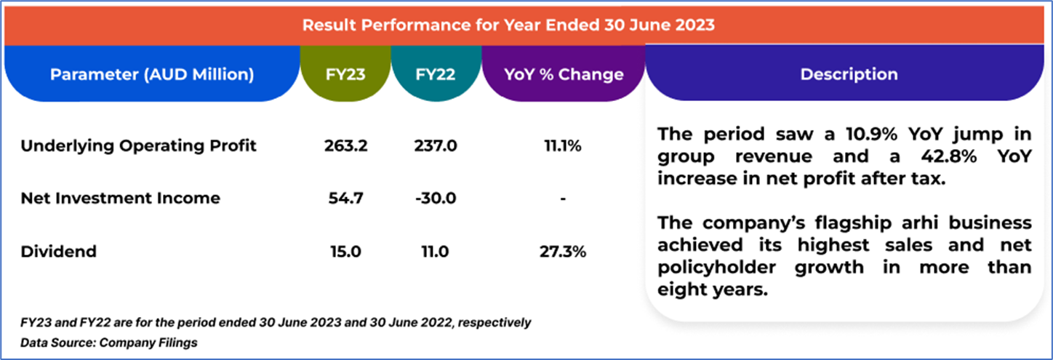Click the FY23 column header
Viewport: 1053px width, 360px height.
click(346, 75)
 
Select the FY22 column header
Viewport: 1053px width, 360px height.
click(436, 75)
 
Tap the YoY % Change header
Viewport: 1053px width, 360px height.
click(564, 75)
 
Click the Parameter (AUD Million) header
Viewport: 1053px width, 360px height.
click(152, 75)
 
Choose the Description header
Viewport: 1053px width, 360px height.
click(849, 75)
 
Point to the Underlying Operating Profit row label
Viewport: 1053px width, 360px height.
click(138, 145)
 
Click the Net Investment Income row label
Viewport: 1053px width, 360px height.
click(120, 198)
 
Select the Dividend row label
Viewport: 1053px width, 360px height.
click(59, 252)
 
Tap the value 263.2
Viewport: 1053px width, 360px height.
click(346, 145)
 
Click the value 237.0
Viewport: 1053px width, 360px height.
click(436, 145)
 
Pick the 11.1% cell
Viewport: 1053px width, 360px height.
click(564, 145)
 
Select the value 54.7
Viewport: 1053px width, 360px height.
click(346, 198)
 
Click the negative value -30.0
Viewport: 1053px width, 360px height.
click(436, 198)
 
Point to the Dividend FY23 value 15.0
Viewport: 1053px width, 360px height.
click(346, 252)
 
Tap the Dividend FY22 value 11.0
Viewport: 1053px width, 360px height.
click(436, 252)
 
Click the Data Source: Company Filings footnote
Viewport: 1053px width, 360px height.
click(109, 341)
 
